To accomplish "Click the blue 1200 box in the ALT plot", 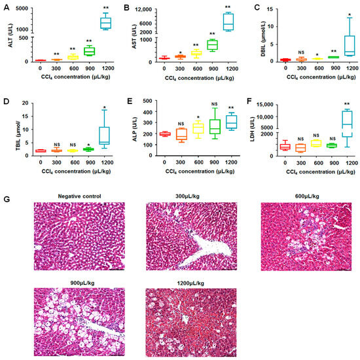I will tap(104, 23).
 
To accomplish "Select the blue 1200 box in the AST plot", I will tap(228, 21).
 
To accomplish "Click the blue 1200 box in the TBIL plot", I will tap(104, 134).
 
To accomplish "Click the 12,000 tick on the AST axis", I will tap(143, 9).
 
